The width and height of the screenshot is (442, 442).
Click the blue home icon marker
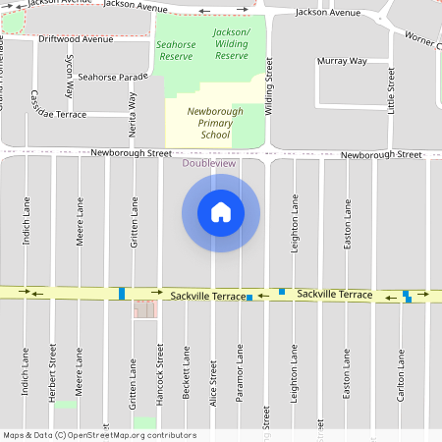(221, 212)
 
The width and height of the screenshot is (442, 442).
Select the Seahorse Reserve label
(176, 51)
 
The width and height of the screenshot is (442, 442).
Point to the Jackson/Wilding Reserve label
(232, 43)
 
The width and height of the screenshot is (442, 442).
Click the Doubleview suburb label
(209, 163)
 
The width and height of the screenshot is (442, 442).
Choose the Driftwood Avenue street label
(76, 40)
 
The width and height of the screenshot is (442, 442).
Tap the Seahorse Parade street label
(113, 77)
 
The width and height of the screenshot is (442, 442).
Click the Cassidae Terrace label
(58, 114)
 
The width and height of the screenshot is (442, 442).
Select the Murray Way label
(342, 61)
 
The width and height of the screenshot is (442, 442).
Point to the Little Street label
(391, 91)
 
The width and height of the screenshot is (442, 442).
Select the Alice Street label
(213, 378)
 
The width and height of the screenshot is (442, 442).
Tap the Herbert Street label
(52, 372)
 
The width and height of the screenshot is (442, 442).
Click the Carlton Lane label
(400, 378)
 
